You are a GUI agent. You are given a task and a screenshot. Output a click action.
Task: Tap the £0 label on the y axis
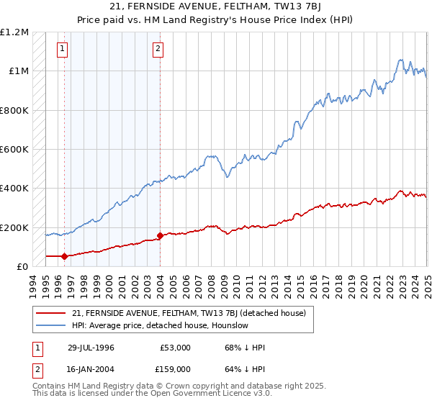23,266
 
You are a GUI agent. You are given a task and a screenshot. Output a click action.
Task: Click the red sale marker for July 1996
65,255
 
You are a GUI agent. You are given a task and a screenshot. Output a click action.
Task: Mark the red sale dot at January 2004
160,235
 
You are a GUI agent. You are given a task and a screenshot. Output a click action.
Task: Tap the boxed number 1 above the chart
63,49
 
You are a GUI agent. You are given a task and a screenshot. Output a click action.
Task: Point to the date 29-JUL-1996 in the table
91,348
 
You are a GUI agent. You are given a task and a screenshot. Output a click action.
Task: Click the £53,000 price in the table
175,348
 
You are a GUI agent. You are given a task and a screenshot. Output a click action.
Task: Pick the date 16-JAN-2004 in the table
91,368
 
